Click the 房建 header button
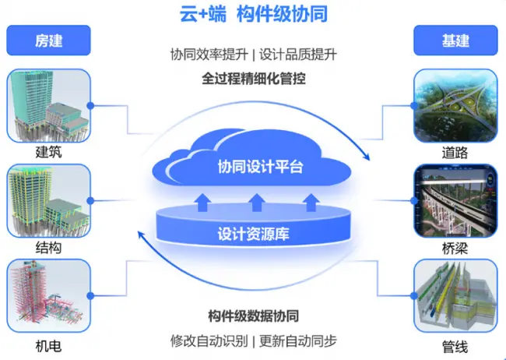(x=48, y=41)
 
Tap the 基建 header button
(x=455, y=41)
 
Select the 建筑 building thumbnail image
(x=48, y=106)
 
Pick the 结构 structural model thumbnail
(x=48, y=201)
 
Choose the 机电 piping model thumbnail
(x=48, y=295)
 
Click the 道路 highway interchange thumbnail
(x=455, y=106)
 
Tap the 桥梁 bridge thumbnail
(x=455, y=201)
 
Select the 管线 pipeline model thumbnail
(x=455, y=295)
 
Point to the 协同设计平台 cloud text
(x=260, y=167)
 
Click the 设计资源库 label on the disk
(x=253, y=234)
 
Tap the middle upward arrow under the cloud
(x=257, y=203)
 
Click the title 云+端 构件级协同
(x=253, y=14)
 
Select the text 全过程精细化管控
(x=253, y=79)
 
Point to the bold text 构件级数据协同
(x=253, y=316)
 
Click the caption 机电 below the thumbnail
(x=48, y=346)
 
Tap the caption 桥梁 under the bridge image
(x=455, y=249)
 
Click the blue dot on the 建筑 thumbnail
(x=90, y=106)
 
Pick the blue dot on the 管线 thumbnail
(x=414, y=295)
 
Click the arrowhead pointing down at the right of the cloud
(x=367, y=157)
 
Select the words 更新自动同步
(x=298, y=341)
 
